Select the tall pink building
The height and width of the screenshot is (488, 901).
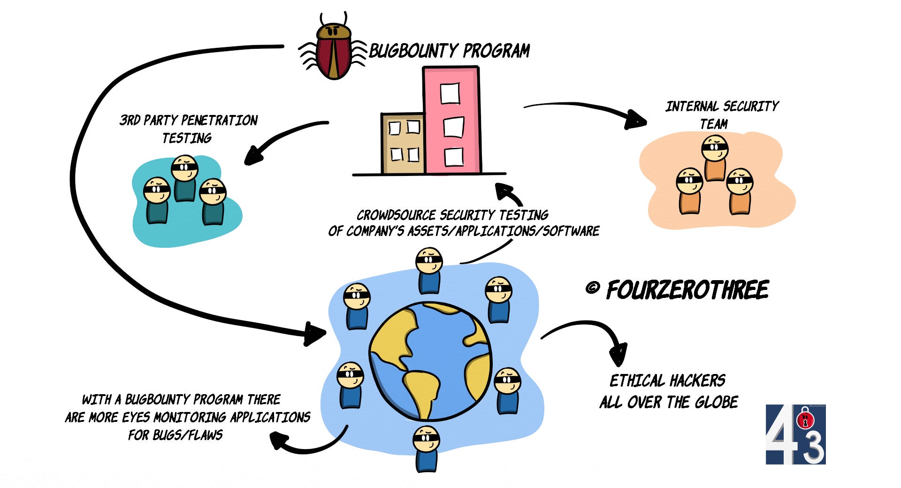[451, 120]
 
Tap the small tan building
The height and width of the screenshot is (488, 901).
[403, 143]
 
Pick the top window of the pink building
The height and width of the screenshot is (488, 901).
[450, 93]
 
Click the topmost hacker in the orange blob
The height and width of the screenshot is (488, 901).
[715, 157]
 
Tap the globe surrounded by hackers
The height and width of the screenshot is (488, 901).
[430, 361]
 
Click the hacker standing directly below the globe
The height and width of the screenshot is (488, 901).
[426, 448]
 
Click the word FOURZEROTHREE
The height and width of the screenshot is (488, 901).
[687, 290]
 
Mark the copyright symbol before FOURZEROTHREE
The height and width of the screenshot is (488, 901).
[593, 287]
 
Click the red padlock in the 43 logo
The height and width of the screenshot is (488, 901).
[805, 419]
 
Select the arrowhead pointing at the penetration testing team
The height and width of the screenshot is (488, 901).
[254, 155]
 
